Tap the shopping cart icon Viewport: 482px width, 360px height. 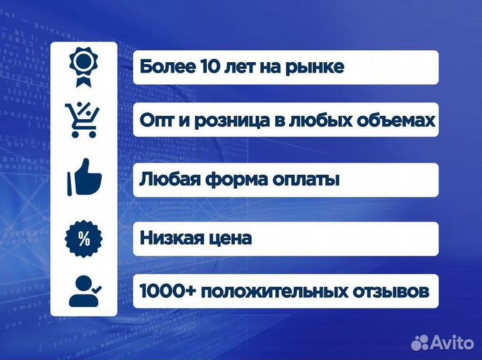coord(84,120)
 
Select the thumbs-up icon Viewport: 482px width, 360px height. coord(84,179)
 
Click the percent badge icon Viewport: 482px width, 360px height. coord(84,239)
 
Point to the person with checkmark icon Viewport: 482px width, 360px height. coord(84,291)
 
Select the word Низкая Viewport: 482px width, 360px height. coord(174,238)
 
